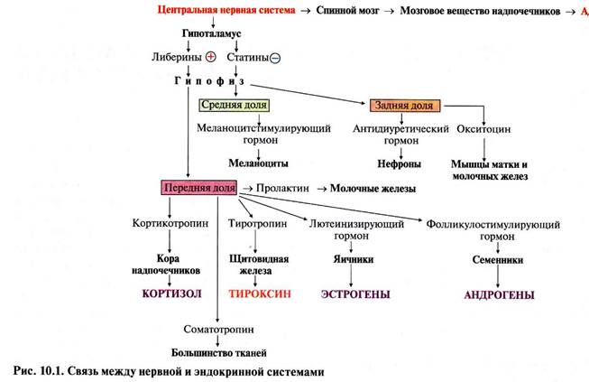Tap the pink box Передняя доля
click(198, 188)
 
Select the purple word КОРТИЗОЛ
click(170, 294)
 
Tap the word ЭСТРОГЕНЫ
click(354, 294)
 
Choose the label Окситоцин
click(487, 128)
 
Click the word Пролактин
click(282, 188)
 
